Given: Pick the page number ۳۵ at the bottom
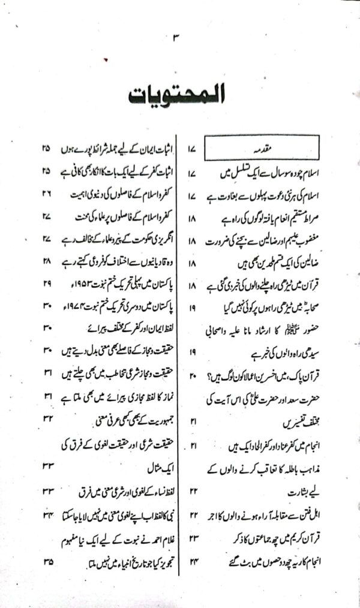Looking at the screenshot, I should (47, 564).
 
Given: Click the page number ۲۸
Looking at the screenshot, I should (47, 263).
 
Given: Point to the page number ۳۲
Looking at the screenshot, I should (47, 416).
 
